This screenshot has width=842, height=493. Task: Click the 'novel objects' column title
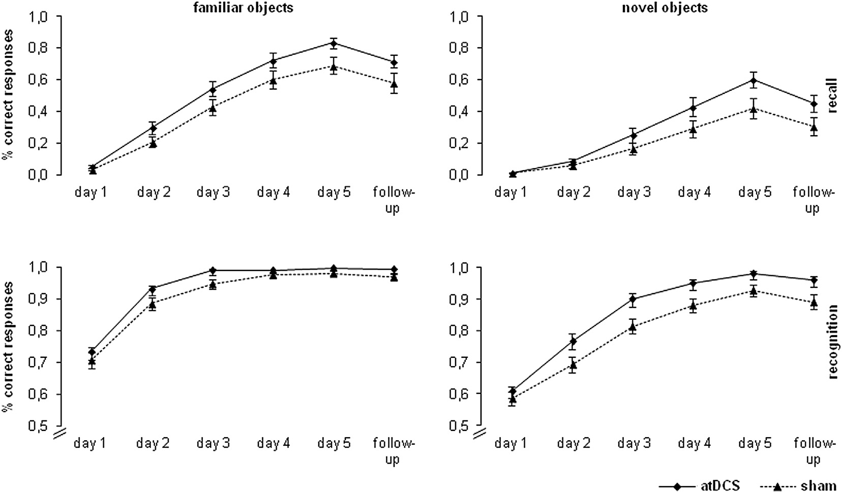tap(665, 8)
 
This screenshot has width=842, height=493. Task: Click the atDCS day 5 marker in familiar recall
tap(334, 43)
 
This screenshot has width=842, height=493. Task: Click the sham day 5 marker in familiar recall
tap(334, 67)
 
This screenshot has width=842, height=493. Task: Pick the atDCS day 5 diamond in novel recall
tap(754, 80)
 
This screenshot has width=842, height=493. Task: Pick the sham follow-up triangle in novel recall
tap(814, 127)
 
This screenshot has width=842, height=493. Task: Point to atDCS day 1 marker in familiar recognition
tap(92, 352)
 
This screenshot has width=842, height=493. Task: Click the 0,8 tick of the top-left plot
tap(40, 48)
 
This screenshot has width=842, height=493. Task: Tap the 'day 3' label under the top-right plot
tap(634, 193)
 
